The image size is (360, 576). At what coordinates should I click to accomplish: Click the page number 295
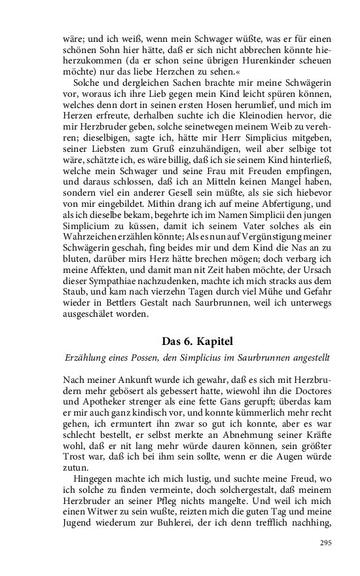click(326, 543)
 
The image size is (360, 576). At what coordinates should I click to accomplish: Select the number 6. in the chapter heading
click(187, 342)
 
